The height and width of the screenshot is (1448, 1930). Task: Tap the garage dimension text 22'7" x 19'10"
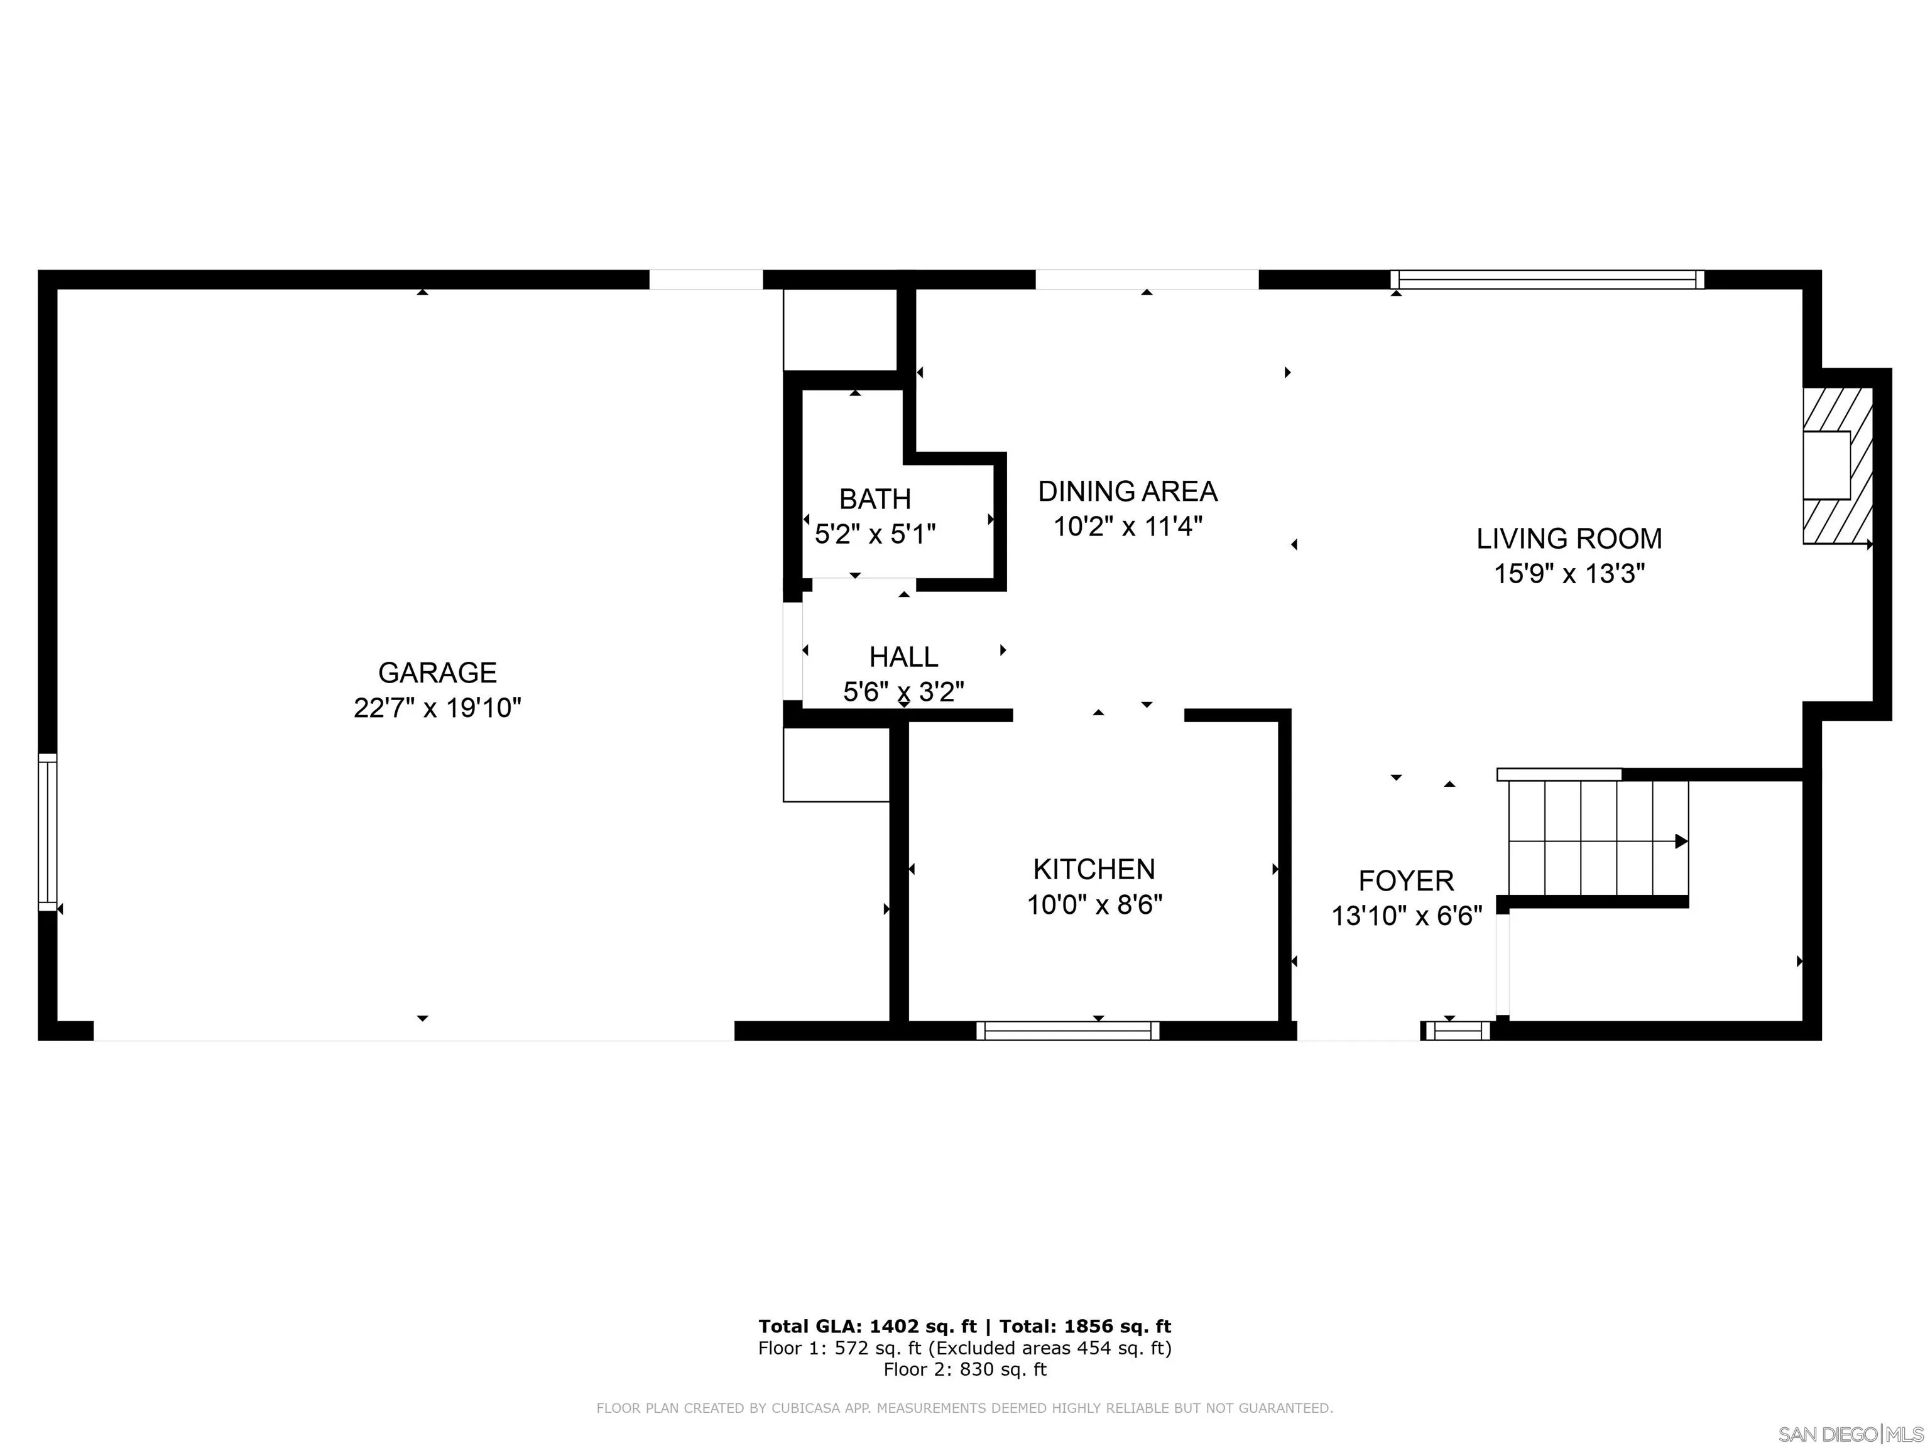point(437,708)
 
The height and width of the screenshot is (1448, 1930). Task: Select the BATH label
point(875,499)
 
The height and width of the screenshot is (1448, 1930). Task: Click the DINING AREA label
point(1127,491)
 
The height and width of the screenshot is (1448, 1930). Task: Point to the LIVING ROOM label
point(1569,539)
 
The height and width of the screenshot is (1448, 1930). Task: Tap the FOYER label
point(1405,880)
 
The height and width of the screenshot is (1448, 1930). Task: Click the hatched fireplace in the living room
point(1838,466)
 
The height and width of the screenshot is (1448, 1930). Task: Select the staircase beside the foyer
point(1596,840)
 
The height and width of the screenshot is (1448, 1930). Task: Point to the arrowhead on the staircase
point(1681,842)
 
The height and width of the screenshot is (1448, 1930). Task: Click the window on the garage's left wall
point(48,832)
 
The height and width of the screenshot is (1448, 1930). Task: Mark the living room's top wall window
point(1546,279)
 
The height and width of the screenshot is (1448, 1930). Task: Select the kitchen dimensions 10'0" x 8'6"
point(1094,905)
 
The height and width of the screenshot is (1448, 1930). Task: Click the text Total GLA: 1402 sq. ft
point(867,1327)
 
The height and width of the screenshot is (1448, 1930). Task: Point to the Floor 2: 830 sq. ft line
point(964,1369)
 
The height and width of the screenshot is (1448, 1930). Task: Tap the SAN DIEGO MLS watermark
point(1850,1434)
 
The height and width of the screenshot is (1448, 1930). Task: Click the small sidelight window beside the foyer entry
point(1457,1031)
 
